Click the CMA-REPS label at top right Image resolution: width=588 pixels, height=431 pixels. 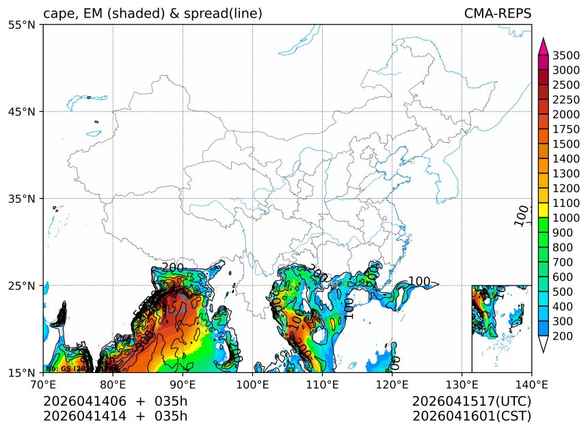coord(497,14)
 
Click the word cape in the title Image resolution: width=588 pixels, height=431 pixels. coord(57,14)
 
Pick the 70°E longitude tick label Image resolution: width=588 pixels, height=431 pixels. coord(43,385)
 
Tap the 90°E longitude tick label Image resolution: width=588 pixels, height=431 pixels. coord(183,385)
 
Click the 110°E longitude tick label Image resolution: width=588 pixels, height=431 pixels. coord(322,385)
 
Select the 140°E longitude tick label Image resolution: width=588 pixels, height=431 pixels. coord(531,385)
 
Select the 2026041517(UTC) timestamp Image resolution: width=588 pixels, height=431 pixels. coord(472,401)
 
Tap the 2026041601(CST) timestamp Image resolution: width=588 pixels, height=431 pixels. coord(472,415)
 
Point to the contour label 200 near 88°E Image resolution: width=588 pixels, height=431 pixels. coord(173,267)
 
